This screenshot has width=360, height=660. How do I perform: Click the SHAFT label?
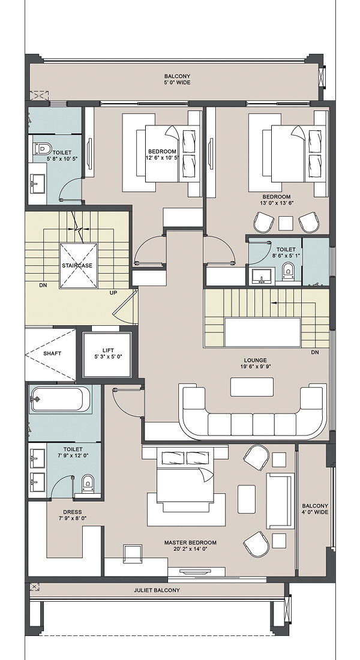(52, 353)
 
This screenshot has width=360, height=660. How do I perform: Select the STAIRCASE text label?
(77, 266)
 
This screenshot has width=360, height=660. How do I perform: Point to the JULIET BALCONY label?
(157, 590)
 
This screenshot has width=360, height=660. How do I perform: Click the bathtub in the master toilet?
(59, 399)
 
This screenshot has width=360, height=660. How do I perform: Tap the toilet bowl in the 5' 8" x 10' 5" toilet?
(43, 149)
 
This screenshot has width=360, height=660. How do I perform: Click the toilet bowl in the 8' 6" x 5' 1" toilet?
(288, 271)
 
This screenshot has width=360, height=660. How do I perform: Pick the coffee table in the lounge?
(252, 386)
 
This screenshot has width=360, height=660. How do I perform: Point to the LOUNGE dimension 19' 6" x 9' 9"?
(255, 367)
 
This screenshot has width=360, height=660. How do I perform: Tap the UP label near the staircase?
(113, 293)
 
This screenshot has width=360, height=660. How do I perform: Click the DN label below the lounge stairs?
(314, 352)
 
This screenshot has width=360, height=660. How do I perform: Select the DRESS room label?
(73, 512)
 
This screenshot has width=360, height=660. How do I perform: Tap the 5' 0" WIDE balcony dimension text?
(177, 83)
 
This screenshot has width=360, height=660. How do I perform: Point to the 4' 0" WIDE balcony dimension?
(315, 512)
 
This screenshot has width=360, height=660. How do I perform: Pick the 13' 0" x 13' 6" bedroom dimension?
(277, 203)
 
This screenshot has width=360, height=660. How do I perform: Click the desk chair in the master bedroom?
(132, 554)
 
